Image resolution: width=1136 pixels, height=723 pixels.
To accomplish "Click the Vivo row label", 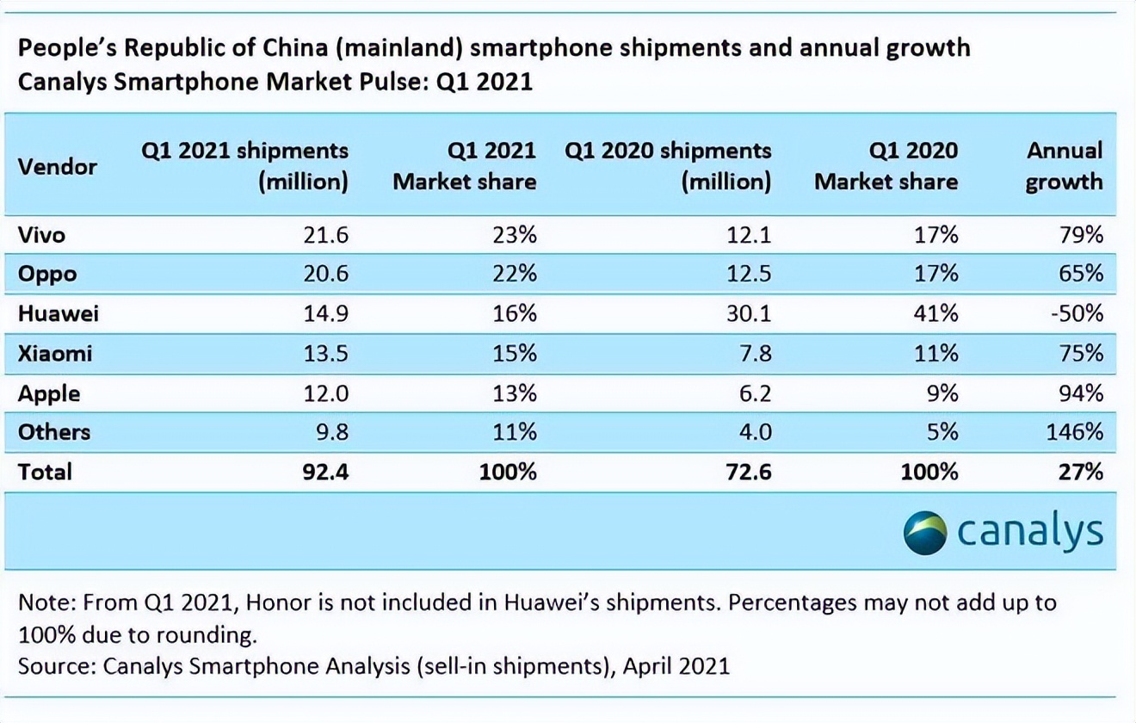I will [x=41, y=234].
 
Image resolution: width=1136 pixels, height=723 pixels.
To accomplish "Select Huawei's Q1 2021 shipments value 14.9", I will [x=325, y=313].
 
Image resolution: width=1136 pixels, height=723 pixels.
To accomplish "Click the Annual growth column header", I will [x=1064, y=166].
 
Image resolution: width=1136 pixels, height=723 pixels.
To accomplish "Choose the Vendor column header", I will [x=57, y=166].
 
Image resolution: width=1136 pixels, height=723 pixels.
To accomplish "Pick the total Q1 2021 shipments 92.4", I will [x=325, y=472].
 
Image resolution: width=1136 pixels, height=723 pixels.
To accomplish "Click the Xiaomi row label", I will [x=54, y=354].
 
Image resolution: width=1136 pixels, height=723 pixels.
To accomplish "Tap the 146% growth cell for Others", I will [x=1074, y=432].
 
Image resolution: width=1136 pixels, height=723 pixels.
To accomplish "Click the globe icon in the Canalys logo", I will [x=925, y=532].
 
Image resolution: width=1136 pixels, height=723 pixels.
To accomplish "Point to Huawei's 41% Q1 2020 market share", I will [x=935, y=313].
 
